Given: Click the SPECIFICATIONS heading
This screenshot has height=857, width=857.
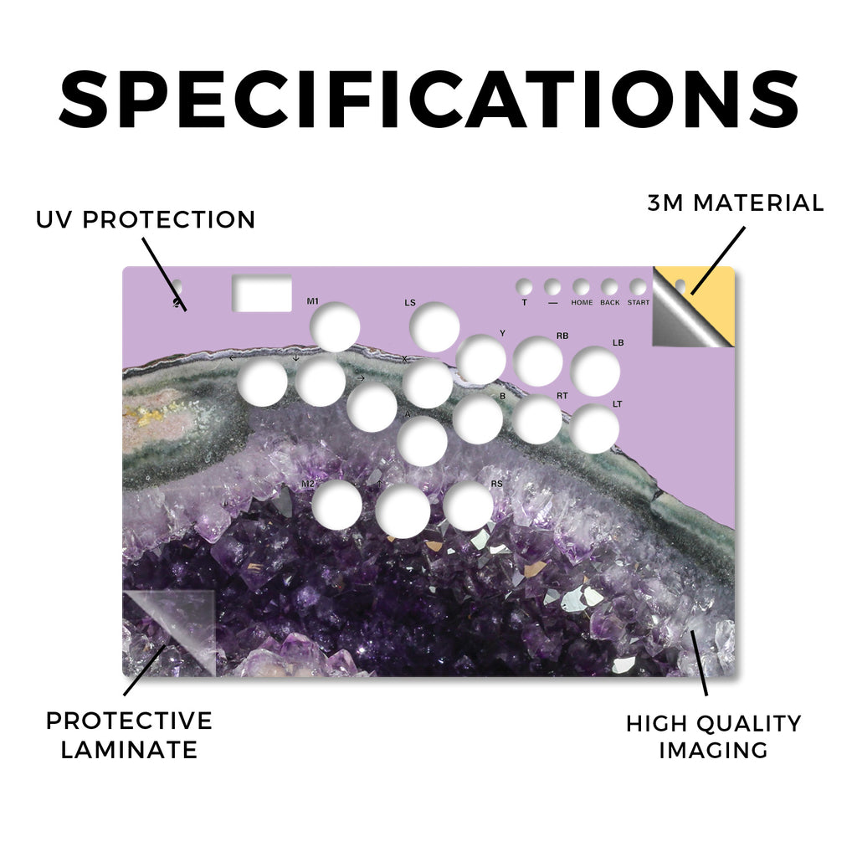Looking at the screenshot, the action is coord(429,99).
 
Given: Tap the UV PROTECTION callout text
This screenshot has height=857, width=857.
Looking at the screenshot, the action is coord(146,220).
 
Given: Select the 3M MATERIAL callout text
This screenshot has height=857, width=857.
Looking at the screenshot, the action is coord(736,203).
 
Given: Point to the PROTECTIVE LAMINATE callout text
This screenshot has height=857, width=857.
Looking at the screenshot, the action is coord(129,735).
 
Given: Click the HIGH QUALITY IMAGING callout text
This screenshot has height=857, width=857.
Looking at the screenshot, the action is coord(713,736).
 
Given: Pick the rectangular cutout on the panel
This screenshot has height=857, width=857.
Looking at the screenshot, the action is coord(262,293).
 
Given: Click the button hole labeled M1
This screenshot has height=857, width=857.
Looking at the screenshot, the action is coord(335,327).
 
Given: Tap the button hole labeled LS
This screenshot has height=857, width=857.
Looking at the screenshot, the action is coord(434,327).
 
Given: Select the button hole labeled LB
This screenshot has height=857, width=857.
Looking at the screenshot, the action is coord(595,372).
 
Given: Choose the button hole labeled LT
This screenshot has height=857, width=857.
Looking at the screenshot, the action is coord(595,429).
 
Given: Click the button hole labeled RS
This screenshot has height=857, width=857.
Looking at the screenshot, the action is coord(469,505).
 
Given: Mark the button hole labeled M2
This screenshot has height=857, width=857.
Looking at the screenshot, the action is coord(337,505).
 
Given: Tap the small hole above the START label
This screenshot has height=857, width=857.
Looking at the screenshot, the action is coord(638,287).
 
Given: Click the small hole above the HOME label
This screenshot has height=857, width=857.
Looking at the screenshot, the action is coord(581,287).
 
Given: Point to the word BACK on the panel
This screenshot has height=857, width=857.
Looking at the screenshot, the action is coord(610,302).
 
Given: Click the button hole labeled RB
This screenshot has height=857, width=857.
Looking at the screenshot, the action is coord(538,362).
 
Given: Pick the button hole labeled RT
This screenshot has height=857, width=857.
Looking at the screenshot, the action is coord(538,420).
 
